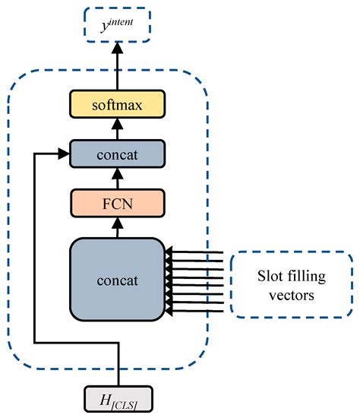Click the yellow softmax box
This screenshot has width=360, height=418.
(117, 100)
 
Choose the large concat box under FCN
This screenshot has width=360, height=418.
(117, 279)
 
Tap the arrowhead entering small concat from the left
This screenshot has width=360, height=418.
(63, 152)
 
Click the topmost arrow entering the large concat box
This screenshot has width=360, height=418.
(194, 250)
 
